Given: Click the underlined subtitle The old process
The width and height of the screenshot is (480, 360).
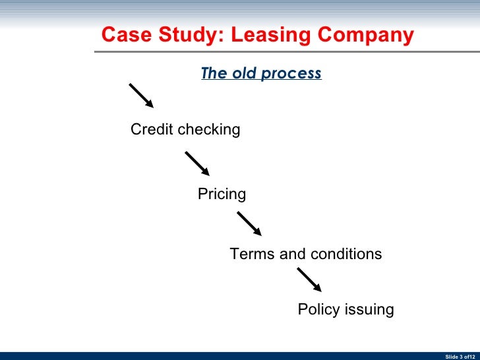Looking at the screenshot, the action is pyautogui.click(x=261, y=73).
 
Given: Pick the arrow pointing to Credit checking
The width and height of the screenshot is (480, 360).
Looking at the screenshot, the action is pyautogui.click(x=141, y=96).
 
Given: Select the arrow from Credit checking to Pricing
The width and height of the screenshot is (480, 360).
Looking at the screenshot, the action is pyautogui.click(x=197, y=164).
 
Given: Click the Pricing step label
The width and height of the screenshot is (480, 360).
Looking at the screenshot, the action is pyautogui.click(x=222, y=195).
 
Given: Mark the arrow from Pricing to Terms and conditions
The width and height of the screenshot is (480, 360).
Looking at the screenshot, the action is pyautogui.click(x=249, y=224).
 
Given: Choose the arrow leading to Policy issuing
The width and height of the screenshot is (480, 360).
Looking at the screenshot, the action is pyautogui.click(x=309, y=280).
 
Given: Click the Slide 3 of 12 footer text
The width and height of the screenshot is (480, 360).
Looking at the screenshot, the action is pyautogui.click(x=460, y=356).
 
